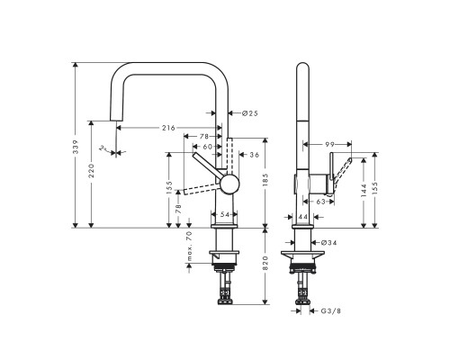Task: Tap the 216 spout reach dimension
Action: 168,128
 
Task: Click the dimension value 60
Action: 207,147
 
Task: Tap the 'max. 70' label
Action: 190,247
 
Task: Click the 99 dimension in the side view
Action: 330,143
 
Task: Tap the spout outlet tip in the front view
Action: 113,116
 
